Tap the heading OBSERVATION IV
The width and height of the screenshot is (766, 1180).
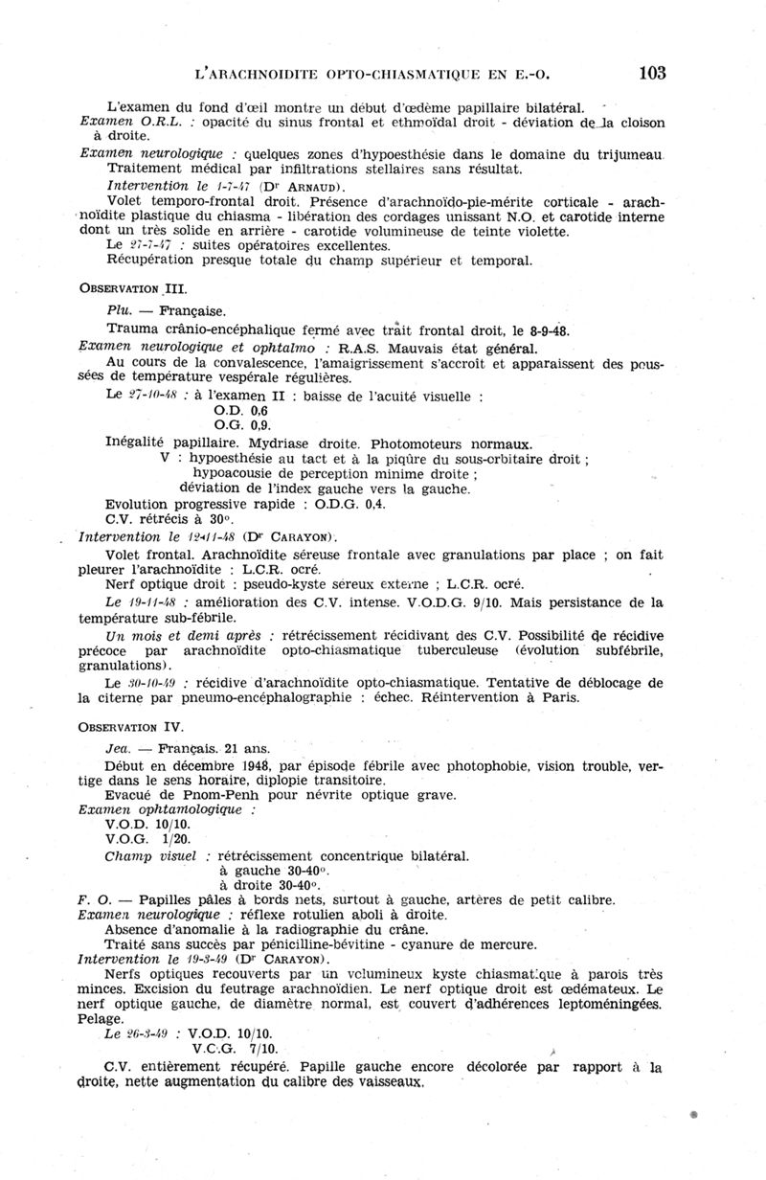pos(131,728)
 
